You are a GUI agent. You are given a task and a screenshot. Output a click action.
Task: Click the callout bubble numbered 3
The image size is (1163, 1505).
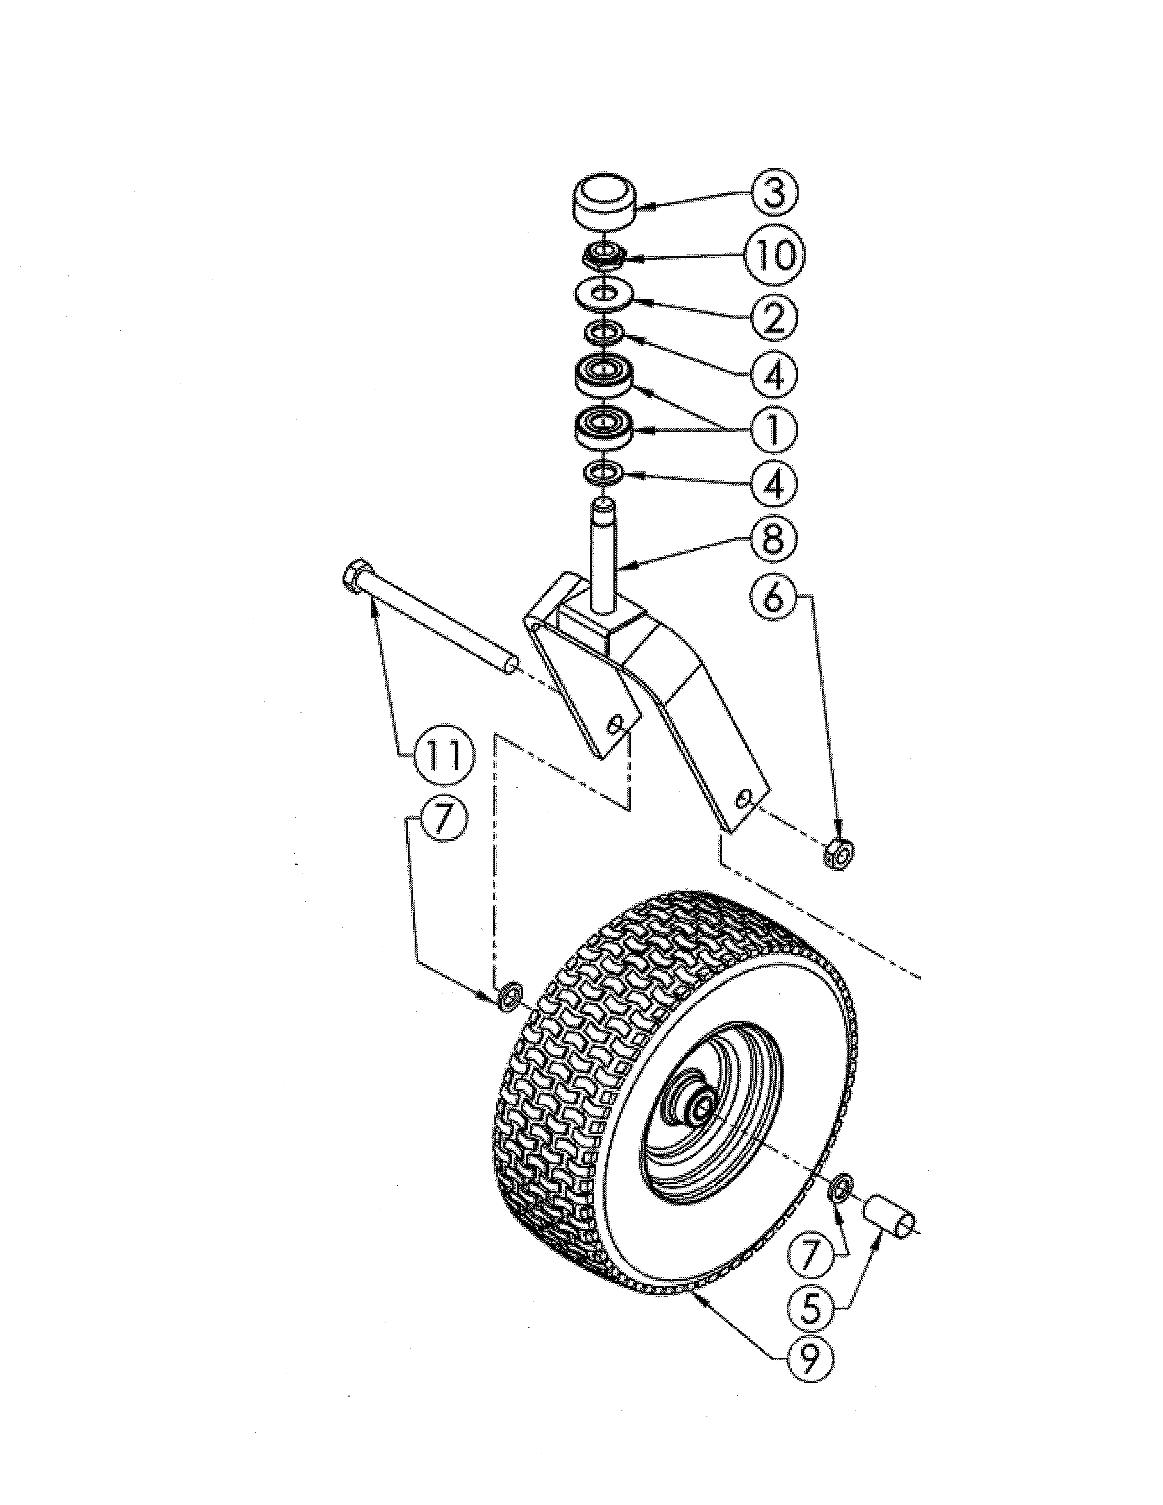click(774, 193)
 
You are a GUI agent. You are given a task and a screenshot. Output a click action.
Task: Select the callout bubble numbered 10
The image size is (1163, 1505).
click(774, 254)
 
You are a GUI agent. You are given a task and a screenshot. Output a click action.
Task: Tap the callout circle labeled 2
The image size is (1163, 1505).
click(774, 317)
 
